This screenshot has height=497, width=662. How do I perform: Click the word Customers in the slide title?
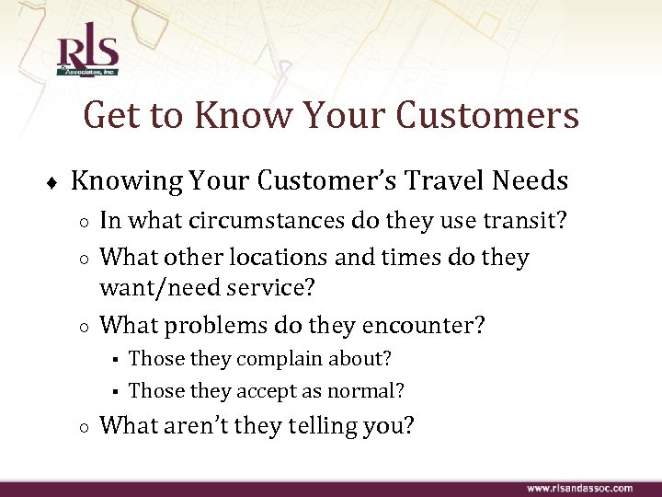click(488, 116)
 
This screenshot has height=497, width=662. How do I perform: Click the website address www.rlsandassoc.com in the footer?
click(579, 488)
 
